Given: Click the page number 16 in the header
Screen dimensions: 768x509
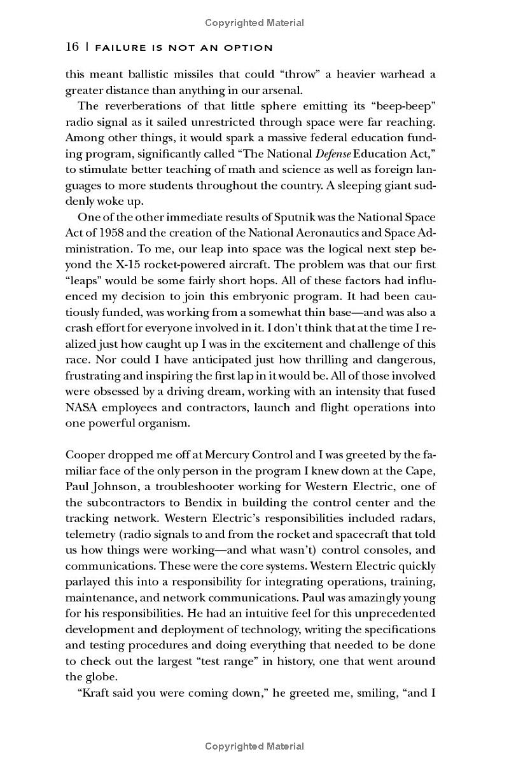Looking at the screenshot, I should [x=72, y=48].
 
